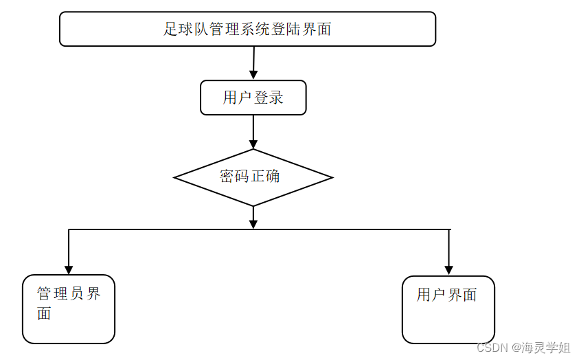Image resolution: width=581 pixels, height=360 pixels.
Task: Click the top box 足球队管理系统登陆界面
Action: point(247,29)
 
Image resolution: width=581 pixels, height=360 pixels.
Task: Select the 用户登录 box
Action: point(253,98)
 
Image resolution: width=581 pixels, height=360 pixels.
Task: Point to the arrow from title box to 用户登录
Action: point(253,63)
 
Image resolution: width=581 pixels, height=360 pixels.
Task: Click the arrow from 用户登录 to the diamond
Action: point(253,131)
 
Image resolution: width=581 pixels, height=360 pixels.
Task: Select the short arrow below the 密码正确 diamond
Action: point(253,217)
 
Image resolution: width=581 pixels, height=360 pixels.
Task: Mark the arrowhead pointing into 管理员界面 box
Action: point(69,269)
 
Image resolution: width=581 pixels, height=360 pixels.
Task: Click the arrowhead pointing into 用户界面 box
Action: point(448,269)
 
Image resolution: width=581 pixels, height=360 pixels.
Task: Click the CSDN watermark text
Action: point(491,348)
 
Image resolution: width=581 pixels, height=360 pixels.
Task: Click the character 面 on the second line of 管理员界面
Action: point(44,315)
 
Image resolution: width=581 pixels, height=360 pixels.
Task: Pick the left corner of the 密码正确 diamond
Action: point(176,178)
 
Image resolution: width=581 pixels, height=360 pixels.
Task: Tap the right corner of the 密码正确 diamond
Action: point(332,178)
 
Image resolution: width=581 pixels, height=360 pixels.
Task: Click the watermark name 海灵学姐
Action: point(547,348)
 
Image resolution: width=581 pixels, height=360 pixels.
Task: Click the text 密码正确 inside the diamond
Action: point(250,176)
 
